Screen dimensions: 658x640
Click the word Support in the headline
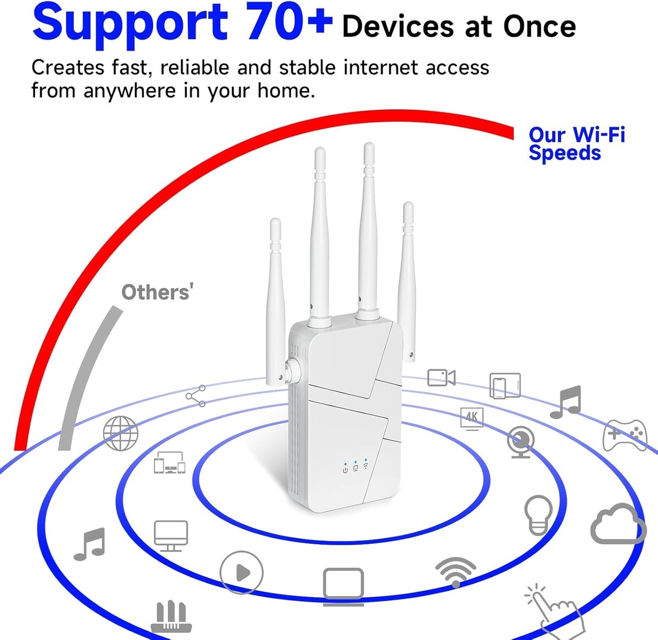130,24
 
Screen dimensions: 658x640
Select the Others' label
157,292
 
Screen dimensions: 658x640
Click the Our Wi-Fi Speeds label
577,143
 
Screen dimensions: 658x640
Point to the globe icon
121,433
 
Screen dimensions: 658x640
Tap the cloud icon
618,524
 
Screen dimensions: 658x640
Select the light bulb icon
538,515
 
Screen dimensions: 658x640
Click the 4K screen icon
472,419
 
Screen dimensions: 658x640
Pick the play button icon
241,572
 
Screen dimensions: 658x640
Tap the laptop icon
343,587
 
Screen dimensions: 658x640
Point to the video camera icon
441,378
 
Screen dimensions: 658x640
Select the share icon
196,396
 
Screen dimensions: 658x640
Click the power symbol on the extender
345,470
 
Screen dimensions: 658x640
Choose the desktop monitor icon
171,536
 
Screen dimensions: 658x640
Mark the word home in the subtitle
286,91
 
